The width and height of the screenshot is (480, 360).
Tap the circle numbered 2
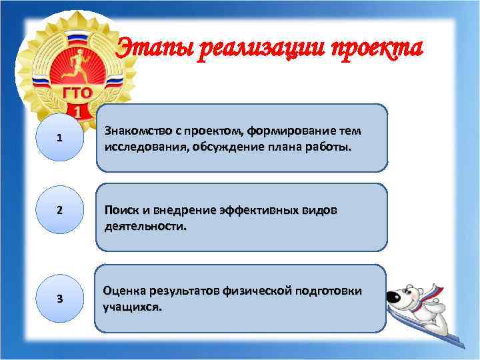click(x=60, y=210)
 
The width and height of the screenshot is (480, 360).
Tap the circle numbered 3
click(x=60, y=297)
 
